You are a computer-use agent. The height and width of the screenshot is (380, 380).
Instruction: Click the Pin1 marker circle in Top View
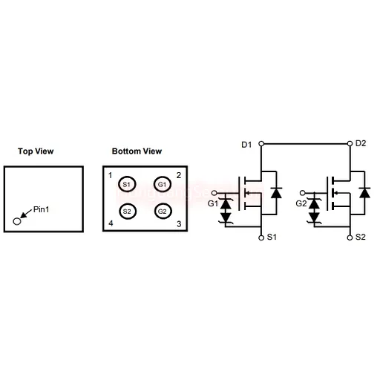coord(17,221)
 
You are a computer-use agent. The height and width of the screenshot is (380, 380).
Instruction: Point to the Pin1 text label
coord(41,209)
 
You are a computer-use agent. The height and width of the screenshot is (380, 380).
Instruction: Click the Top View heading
coord(36,151)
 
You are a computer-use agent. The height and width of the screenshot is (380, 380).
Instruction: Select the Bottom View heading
coord(137,151)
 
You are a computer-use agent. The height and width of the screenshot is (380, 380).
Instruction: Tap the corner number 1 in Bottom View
coord(111,175)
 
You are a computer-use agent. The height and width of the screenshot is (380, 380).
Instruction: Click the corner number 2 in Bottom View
coord(179,175)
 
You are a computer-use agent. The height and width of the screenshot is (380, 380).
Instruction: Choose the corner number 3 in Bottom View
coord(179,224)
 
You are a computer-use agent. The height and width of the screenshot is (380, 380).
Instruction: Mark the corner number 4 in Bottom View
coord(111,223)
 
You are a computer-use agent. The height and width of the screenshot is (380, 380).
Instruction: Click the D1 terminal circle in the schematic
coord(261,143)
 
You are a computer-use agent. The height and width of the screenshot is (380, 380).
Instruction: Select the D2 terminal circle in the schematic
coord(350,143)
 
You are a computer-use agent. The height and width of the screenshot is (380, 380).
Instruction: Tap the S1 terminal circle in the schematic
coord(261,237)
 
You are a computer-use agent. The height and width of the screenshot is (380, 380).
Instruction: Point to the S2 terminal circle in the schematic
coord(350,237)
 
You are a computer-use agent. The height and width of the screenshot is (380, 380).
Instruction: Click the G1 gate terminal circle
coord(214,193)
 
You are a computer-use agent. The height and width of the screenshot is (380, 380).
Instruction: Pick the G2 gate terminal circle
coord(302,193)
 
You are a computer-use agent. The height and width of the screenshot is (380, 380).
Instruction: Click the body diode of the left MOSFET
coord(276,193)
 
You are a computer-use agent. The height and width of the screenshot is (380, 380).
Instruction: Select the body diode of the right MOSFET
coord(364,193)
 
